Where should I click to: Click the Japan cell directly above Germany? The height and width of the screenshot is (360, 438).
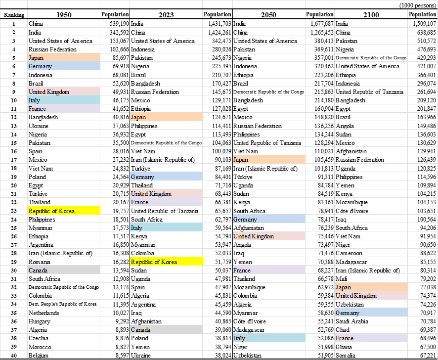tap(64, 58)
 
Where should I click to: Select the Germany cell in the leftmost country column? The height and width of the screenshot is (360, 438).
tap(64, 66)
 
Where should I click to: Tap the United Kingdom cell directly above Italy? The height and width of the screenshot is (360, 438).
tap(64, 91)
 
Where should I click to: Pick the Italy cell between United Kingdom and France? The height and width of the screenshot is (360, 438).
tap(64, 100)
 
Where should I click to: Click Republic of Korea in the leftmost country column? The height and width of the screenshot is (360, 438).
tap(64, 211)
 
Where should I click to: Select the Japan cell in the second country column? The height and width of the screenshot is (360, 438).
tap(166, 117)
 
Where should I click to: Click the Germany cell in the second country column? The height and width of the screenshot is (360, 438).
tap(166, 177)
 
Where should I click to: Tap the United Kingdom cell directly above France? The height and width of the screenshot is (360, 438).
tap(166, 194)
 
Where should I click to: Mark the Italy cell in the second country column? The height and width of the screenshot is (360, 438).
tap(166, 227)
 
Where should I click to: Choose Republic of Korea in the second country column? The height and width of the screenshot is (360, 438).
tap(166, 262)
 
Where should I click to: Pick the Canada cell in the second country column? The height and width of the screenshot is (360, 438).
tap(166, 329)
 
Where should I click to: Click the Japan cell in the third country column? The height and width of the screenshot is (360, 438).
tap(269, 160)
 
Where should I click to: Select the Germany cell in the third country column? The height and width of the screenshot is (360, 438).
tap(269, 219)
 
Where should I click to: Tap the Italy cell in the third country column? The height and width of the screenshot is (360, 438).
tap(269, 338)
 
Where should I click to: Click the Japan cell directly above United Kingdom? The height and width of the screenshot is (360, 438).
tap(371, 287)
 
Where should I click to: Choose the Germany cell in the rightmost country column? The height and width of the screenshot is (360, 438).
tap(371, 313)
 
